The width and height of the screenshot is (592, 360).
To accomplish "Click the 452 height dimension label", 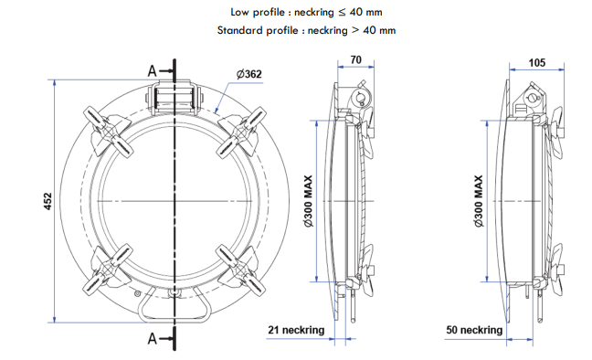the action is click(48, 201).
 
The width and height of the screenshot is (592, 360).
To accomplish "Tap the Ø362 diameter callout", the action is click(248, 74).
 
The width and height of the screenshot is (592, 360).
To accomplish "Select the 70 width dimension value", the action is click(355, 59).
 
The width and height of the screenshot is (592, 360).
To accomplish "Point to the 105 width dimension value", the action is click(537, 63).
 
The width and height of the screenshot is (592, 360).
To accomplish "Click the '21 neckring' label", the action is click(296, 330).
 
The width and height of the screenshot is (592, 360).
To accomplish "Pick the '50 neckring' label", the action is click(474, 330).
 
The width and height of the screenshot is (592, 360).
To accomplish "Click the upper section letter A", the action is click(152, 70).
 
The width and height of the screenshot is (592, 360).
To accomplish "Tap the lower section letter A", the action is click(152, 338).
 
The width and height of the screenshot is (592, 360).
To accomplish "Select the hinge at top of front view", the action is click(174, 98).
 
